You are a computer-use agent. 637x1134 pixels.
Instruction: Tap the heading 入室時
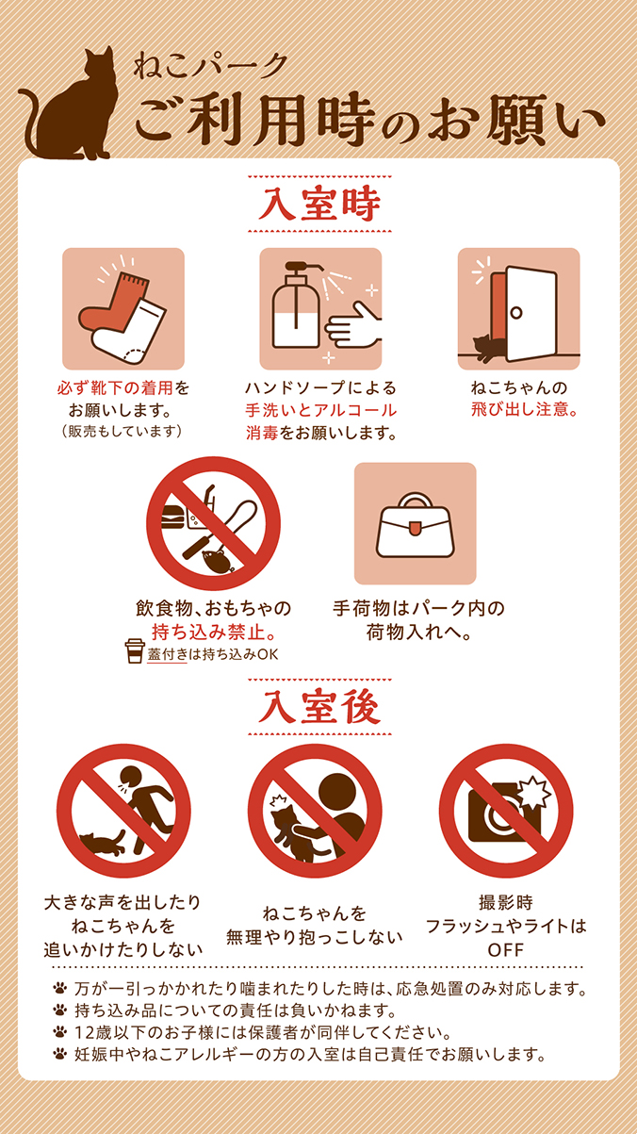pyautogui.click(x=318, y=204)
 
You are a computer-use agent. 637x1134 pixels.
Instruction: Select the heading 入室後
pyautogui.click(x=318, y=709)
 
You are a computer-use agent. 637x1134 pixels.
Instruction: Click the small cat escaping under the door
pyautogui.click(x=488, y=348)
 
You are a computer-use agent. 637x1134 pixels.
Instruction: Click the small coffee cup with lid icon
pyautogui.click(x=136, y=651)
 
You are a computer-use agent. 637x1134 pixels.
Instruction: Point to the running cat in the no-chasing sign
pyautogui.click(x=99, y=841)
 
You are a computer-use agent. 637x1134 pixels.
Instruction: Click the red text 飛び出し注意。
pyautogui.click(x=524, y=409)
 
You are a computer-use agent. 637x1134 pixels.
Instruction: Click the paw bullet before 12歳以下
pyautogui.click(x=60, y=1031)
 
